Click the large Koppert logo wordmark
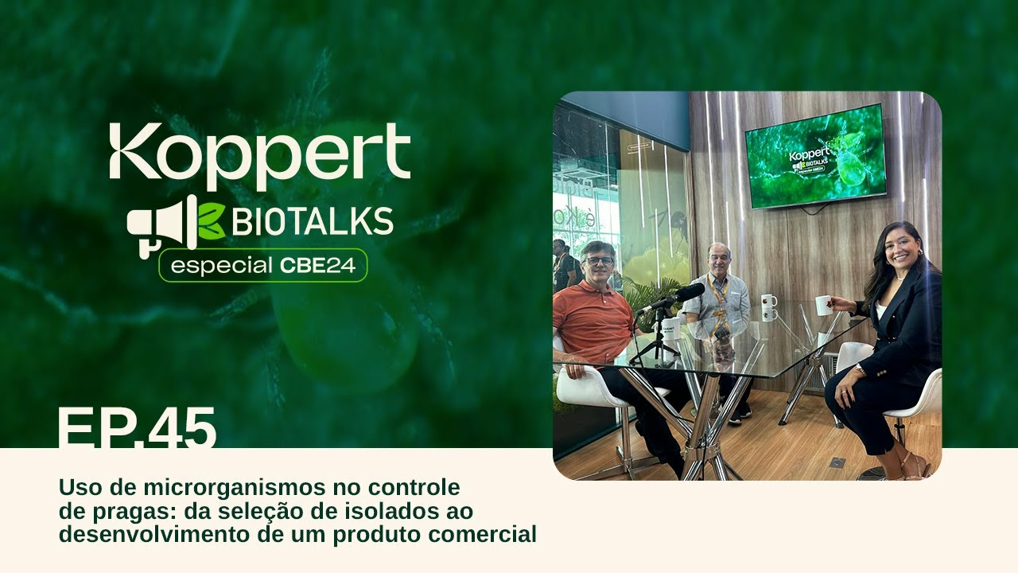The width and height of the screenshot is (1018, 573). coord(259,156)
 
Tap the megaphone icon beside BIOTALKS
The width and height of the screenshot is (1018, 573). coord(161,226)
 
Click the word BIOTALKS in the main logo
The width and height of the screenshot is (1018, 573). coord(313,221)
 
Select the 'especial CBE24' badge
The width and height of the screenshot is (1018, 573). coord(262,266)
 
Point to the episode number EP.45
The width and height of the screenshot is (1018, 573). coord(137,427)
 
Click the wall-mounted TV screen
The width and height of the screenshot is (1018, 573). coord(816,156)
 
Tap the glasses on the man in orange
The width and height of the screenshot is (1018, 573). coord(599,261)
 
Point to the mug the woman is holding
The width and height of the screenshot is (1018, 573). coord(823,305)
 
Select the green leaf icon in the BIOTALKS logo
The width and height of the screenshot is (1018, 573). coord(212,221)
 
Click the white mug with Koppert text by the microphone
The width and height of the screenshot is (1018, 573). coord(670,329)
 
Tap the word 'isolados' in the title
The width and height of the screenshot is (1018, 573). coord(387,511)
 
